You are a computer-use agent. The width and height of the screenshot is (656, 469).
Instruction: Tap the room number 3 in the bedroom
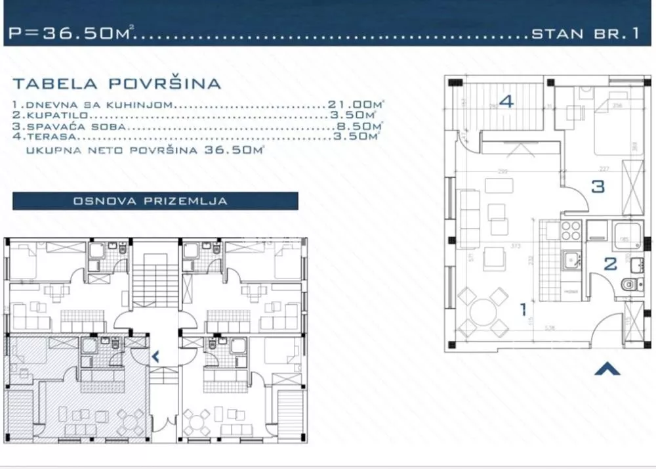click(x=598, y=187)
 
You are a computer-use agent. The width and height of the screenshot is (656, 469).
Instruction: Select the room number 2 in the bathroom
click(x=610, y=264)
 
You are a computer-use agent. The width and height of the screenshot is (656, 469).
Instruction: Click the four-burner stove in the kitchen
click(x=569, y=231)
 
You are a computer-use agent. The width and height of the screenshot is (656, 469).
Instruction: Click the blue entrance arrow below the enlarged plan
click(x=607, y=369)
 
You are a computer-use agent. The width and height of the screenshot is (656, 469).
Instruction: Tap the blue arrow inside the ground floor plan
click(x=155, y=357)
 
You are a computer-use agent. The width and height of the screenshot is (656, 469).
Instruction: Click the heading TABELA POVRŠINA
click(x=117, y=83)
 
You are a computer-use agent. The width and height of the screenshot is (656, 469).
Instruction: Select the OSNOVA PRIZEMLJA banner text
click(x=155, y=201)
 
